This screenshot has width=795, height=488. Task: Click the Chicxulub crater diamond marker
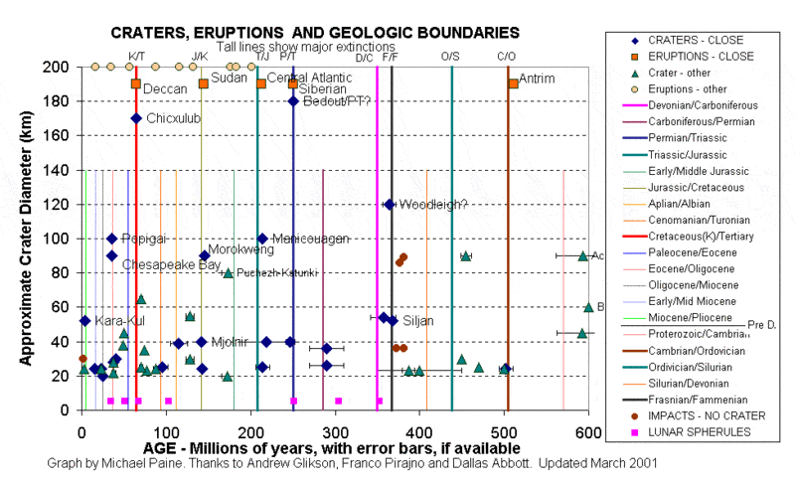136,118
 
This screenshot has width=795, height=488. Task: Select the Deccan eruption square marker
136,83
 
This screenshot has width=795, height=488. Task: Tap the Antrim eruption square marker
513,83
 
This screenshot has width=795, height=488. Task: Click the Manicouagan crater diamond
262,239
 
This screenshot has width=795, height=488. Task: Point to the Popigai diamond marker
112,239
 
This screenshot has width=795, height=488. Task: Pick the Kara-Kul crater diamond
85,321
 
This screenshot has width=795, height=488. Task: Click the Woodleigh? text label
432,205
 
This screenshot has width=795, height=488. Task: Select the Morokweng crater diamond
205,255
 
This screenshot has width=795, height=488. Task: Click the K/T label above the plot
136,56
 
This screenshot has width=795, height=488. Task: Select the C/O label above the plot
506,56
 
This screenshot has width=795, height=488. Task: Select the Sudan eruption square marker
204,83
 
